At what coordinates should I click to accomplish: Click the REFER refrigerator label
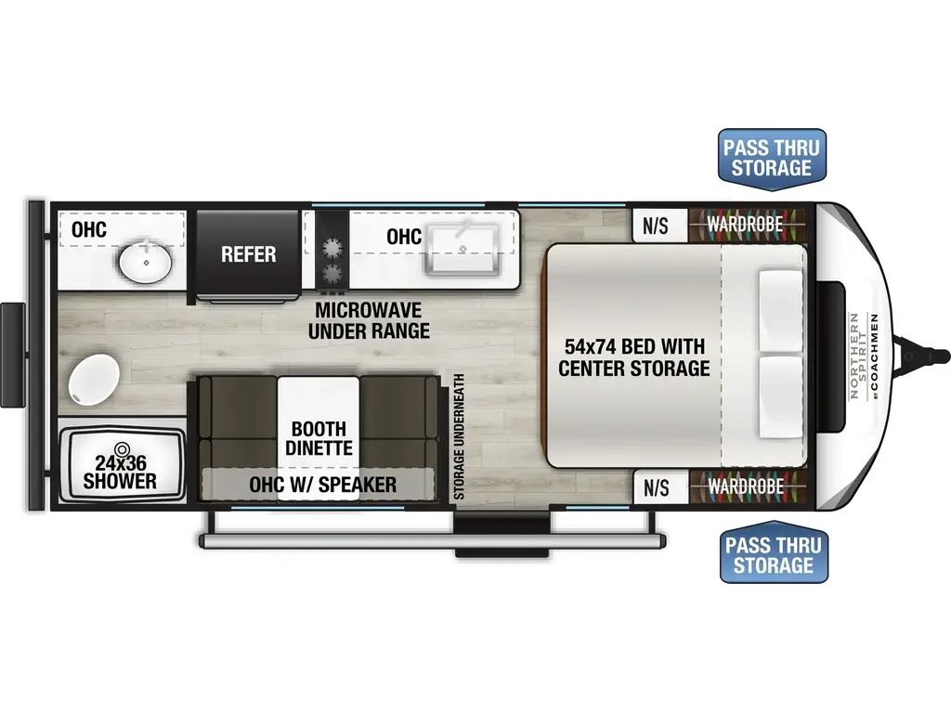tap(248, 253)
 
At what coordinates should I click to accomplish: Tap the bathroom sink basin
tap(146, 266)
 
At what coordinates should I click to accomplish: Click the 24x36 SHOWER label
tap(120, 472)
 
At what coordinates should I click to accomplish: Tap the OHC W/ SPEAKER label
tap(323, 485)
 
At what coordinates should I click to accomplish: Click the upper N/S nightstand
tap(656, 225)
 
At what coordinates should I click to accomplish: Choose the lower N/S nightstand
tap(656, 486)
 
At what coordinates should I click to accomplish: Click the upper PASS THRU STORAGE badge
tap(771, 157)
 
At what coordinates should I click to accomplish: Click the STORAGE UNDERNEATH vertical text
tap(458, 438)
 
